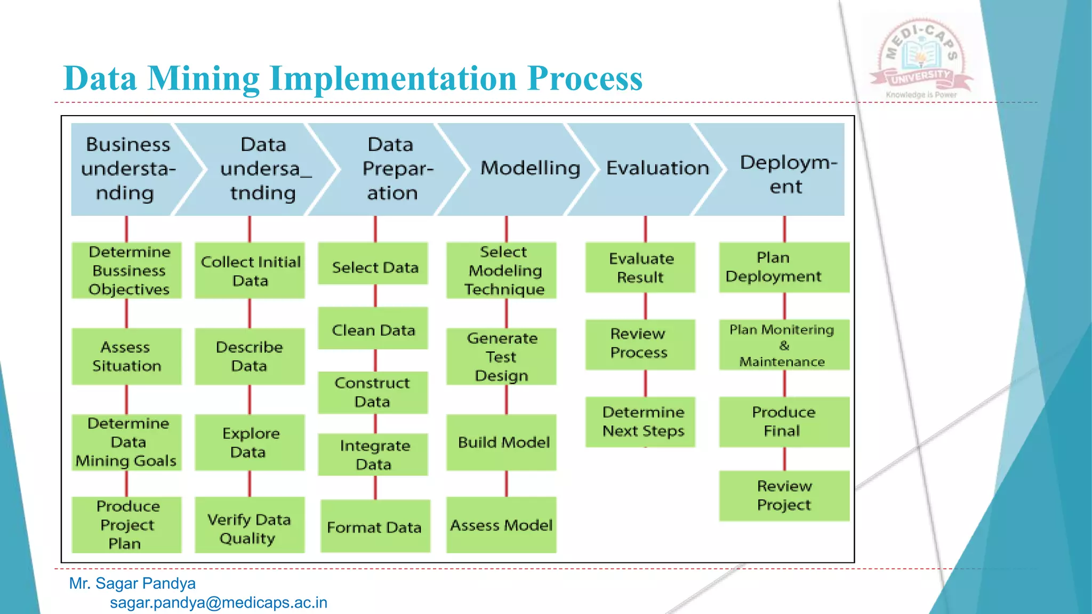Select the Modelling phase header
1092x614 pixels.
pyautogui.click(x=530, y=168)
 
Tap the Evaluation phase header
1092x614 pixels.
pyautogui.click(x=657, y=168)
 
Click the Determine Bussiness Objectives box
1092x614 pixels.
pyautogui.click(x=127, y=270)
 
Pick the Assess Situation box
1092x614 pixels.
pyautogui.click(x=127, y=356)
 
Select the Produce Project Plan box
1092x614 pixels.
pyautogui.click(x=127, y=524)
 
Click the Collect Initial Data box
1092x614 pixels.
pyautogui.click(x=250, y=270)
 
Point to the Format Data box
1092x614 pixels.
pyautogui.click(x=375, y=526)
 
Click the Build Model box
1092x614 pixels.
pyautogui.click(x=501, y=442)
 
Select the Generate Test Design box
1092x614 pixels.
pyautogui.click(x=501, y=356)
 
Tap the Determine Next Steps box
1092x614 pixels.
pyautogui.click(x=640, y=422)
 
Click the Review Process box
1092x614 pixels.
pyautogui.click(x=640, y=344)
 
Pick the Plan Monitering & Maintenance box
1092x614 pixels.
pyautogui.click(x=784, y=344)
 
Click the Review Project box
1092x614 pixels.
pyautogui.click(x=784, y=496)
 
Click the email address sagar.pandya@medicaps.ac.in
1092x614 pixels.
pyautogui.click(x=219, y=603)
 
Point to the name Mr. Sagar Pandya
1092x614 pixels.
pyautogui.click(x=132, y=584)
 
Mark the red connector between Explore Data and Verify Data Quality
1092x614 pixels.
pyautogui.click(x=250, y=484)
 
